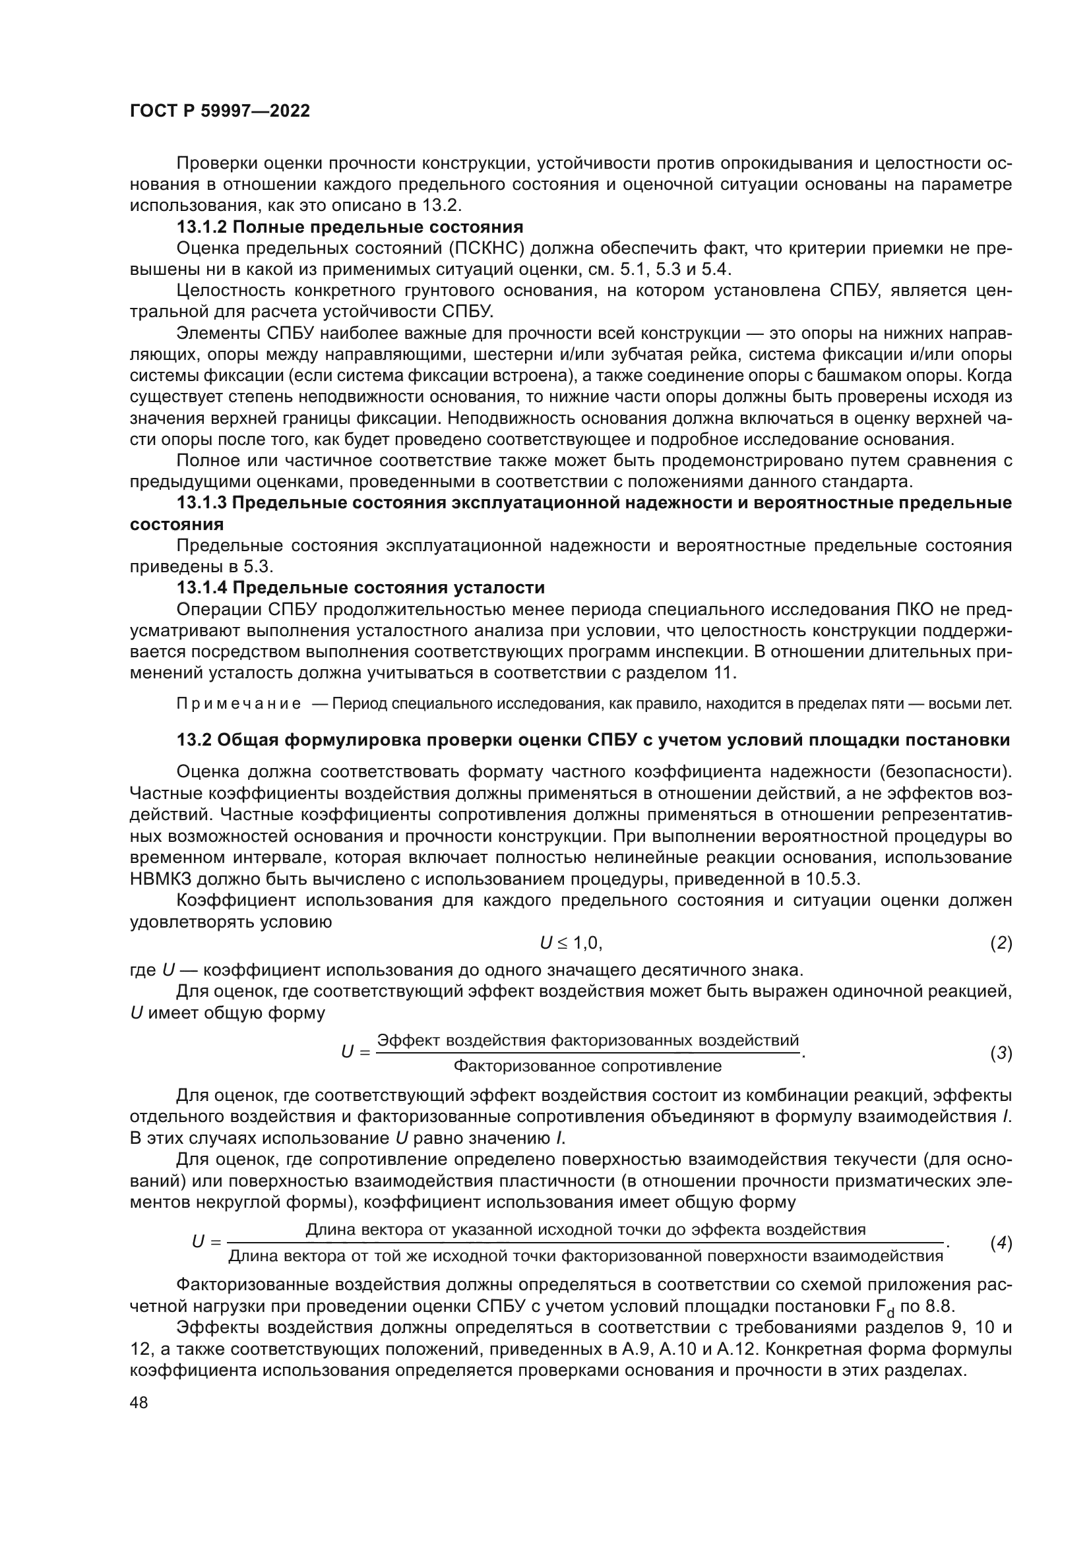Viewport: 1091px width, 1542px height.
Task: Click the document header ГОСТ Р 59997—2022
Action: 220,111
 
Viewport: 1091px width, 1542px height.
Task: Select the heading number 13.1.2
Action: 202,227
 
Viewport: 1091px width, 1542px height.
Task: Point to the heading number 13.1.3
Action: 202,503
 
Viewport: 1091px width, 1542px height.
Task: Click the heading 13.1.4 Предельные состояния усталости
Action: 361,588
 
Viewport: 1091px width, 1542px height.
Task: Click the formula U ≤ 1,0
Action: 571,943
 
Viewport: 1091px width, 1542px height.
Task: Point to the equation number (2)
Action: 1001,943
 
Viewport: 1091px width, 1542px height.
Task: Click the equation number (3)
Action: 1001,1053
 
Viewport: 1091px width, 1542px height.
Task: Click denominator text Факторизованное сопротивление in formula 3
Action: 587,1066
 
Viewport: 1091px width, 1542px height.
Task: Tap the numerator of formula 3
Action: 587,1040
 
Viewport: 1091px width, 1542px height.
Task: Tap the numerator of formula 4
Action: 585,1230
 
